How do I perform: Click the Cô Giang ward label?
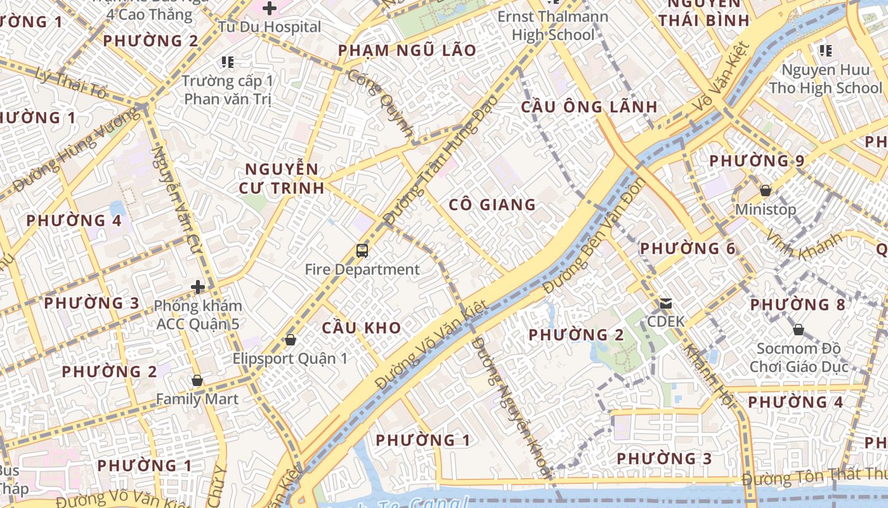[x=492, y=204]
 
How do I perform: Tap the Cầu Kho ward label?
[x=361, y=328]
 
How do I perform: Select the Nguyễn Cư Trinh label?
[x=282, y=178]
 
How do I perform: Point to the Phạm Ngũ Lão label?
[x=407, y=51]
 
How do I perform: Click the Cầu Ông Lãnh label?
[x=589, y=107]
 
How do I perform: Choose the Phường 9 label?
[x=757, y=161]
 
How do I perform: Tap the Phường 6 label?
[x=688, y=248]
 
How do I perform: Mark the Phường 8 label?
[x=798, y=305]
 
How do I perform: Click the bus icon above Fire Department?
[x=362, y=251]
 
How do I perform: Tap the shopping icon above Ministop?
[x=766, y=190]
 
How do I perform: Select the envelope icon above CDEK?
[x=666, y=304]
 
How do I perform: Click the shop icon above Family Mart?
[x=197, y=381]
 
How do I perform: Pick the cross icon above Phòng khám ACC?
[x=198, y=287]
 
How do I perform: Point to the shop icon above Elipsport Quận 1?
[x=291, y=340]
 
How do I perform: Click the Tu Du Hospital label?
[x=270, y=27]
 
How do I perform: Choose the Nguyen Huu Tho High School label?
[x=825, y=79]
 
